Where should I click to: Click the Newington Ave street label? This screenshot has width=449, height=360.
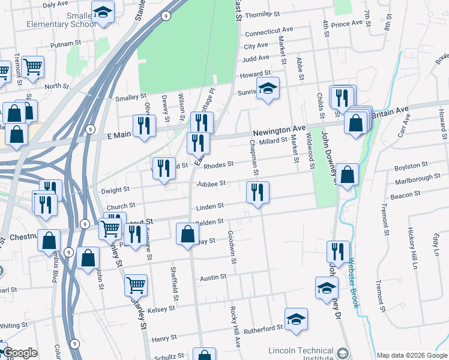pyautogui.click(x=279, y=130)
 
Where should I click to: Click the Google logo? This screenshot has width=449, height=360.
pyautogui.click(x=19, y=353)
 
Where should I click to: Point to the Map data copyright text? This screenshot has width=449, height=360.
pyautogui.click(x=412, y=355)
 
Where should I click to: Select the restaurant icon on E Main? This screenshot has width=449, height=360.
pyautogui.click(x=144, y=125)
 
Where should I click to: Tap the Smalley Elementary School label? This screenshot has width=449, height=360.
pyautogui.click(x=60, y=20)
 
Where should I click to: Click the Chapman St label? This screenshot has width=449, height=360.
pyautogui.click(x=254, y=158)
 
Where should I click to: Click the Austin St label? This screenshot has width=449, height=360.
pyautogui.click(x=212, y=278)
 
